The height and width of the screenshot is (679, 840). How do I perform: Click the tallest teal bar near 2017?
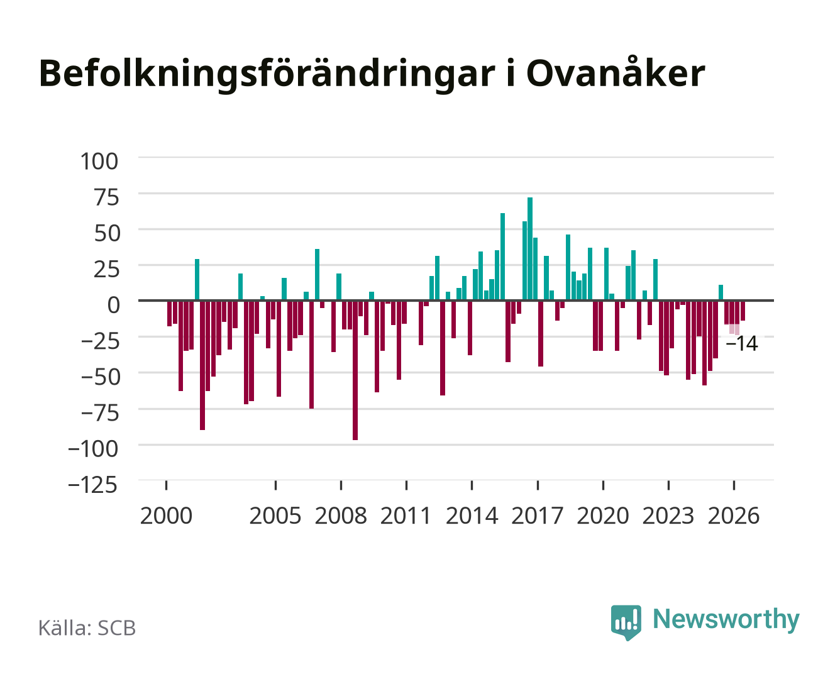tap(529, 248)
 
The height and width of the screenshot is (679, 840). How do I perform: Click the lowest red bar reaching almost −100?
tap(355, 370)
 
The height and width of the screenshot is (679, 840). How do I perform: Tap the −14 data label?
tap(741, 343)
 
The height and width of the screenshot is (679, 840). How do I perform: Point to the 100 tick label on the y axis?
tap(99, 162)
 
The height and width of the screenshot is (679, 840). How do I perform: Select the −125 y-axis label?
tap(93, 484)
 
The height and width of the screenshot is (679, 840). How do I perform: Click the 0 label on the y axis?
tap(114, 305)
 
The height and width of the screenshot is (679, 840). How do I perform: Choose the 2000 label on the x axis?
tap(166, 516)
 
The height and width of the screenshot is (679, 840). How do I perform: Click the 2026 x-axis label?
tap(734, 516)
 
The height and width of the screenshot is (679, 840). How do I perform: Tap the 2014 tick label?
tap(472, 516)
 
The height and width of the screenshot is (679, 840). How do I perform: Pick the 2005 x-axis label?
tap(275, 516)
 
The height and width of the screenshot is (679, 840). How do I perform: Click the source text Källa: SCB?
tap(87, 627)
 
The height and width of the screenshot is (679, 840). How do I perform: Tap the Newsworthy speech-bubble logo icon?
tap(626, 622)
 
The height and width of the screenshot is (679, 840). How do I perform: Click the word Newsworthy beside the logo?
tap(726, 620)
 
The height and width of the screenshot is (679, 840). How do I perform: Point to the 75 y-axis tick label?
tap(106, 197)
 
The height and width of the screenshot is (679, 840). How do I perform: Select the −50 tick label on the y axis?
tap(100, 377)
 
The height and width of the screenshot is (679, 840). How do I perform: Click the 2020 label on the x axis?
tap(602, 516)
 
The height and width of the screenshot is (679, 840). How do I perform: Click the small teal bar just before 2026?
tap(721, 292)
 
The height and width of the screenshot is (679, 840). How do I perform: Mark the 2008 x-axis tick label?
tap(341, 516)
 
